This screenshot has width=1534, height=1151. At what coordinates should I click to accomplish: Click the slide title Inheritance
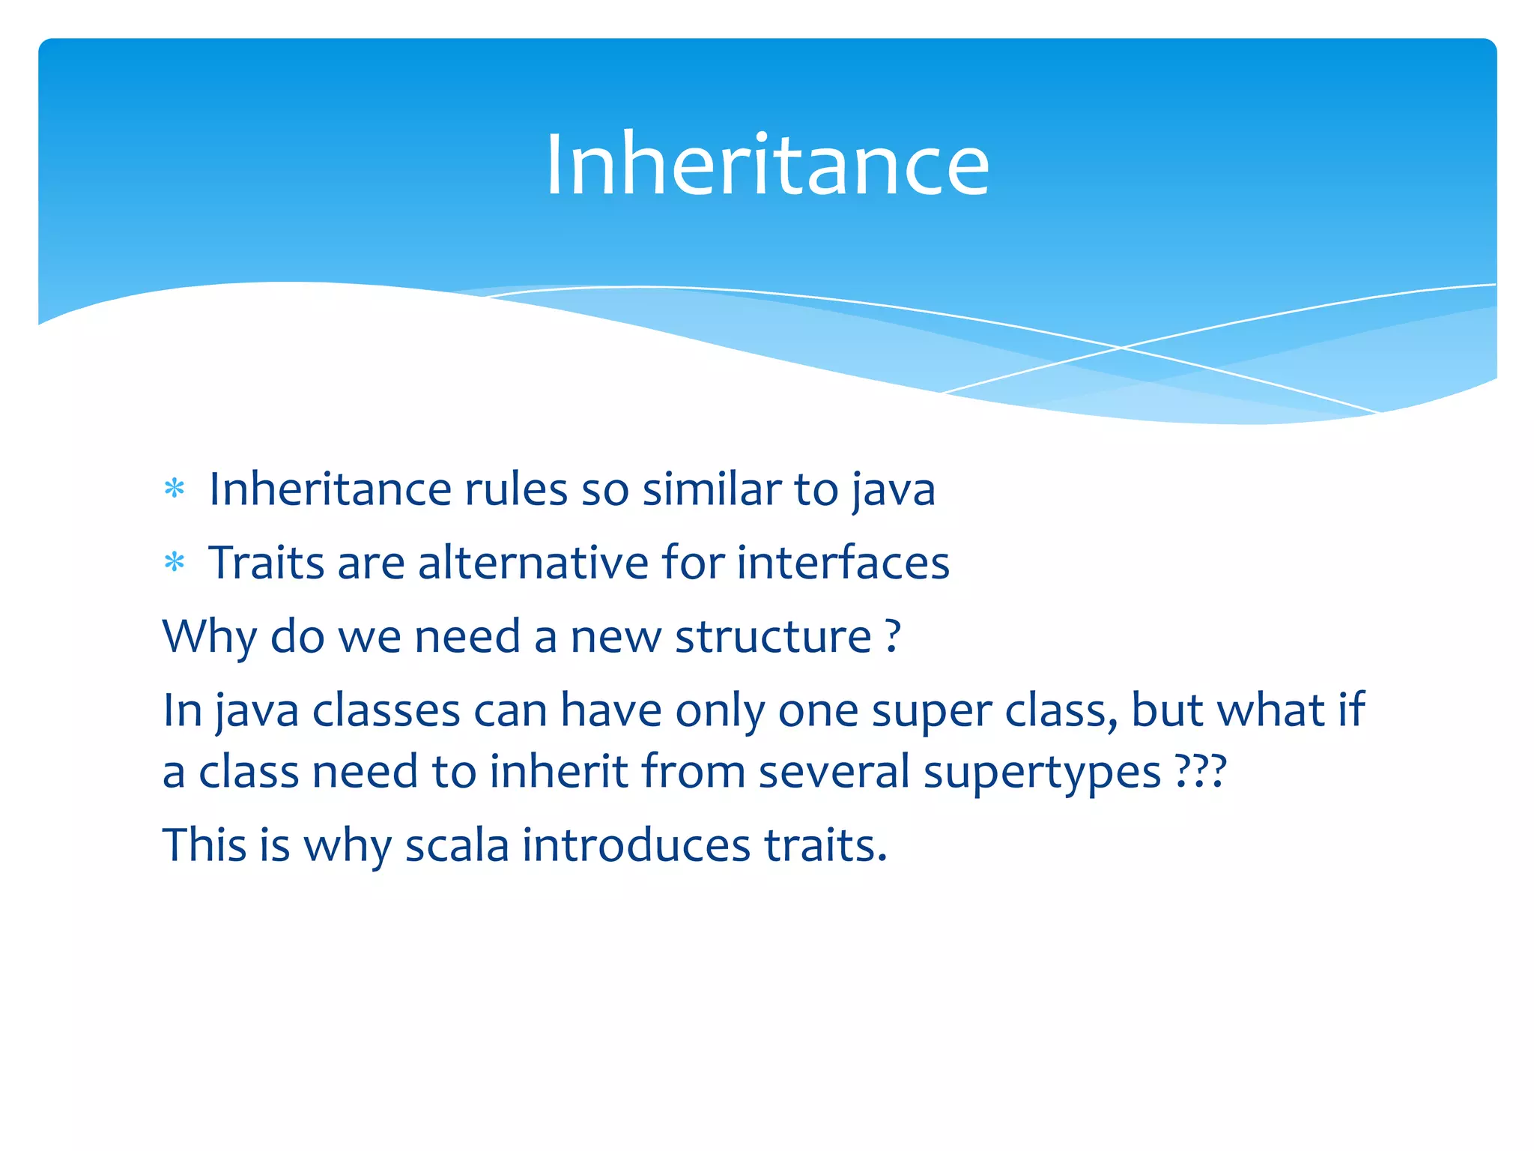click(x=767, y=165)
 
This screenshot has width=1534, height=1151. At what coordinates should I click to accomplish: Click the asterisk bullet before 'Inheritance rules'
click(x=175, y=489)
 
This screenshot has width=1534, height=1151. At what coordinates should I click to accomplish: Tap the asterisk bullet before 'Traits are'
click(x=175, y=562)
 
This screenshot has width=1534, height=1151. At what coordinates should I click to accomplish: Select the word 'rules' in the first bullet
click(x=516, y=489)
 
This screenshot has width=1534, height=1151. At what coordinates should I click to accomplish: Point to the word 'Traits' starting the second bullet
click(x=266, y=562)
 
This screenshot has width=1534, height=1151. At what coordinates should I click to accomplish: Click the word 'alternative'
click(x=533, y=562)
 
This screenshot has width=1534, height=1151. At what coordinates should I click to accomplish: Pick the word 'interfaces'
click(x=843, y=562)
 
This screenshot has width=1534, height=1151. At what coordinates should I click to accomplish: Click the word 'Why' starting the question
click(x=209, y=637)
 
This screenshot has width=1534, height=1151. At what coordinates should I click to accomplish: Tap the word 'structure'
click(x=773, y=637)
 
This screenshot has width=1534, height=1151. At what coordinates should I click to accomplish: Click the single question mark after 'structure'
click(x=892, y=637)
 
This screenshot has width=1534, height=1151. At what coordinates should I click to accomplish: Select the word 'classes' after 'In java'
click(x=386, y=710)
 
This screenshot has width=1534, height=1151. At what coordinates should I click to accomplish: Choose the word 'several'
click(x=834, y=772)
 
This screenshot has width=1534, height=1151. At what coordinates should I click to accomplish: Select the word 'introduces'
click(x=636, y=845)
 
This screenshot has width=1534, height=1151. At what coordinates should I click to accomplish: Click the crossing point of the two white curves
click(x=1121, y=348)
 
